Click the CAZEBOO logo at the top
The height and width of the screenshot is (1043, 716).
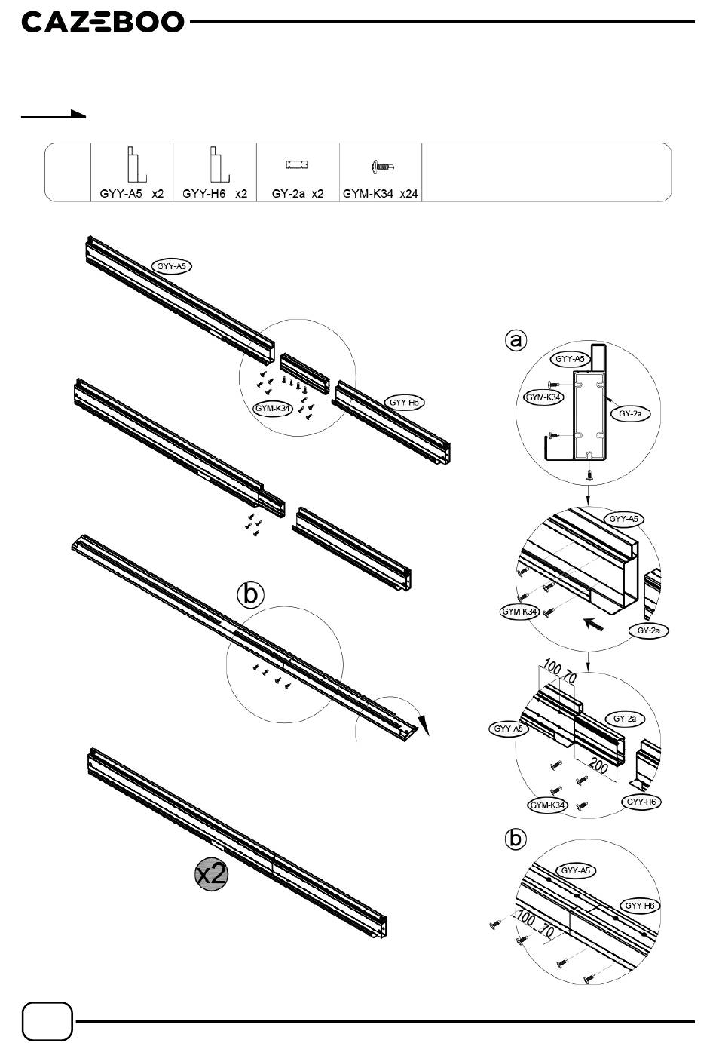[x=103, y=22]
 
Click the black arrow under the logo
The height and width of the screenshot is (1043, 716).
[x=54, y=115]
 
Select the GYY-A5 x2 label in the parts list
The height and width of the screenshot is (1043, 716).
[x=132, y=194]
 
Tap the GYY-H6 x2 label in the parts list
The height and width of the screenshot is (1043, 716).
[x=215, y=194]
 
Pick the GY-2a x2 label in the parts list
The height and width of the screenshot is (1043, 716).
[x=298, y=194]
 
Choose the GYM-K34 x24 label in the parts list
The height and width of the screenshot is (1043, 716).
[x=381, y=194]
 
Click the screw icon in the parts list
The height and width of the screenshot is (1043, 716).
[x=383, y=167]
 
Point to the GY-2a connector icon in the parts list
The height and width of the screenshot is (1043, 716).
[x=298, y=164]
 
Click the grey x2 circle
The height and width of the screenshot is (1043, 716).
[x=211, y=874]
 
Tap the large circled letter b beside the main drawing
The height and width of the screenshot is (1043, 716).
[x=252, y=594]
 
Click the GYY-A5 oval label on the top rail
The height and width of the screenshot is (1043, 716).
[x=172, y=266]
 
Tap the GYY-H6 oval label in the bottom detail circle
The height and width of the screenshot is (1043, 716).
[x=639, y=906]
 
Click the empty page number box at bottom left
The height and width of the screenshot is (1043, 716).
[x=48, y=1022]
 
